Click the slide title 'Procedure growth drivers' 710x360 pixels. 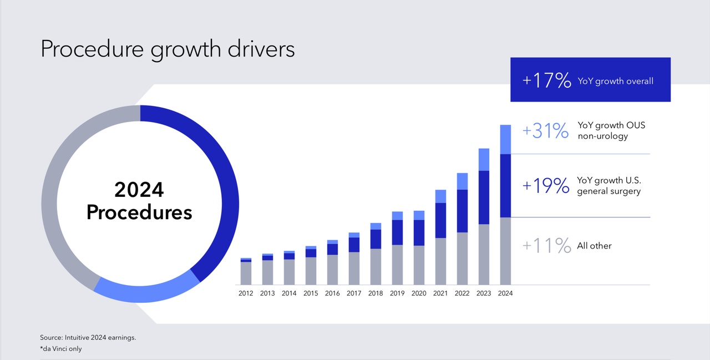pos(168,49)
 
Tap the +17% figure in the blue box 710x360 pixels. pos(546,81)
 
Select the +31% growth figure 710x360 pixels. pos(545,131)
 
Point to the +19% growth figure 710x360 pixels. pos(546,186)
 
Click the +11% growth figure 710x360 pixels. pos(546,245)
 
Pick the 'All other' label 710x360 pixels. pos(594,246)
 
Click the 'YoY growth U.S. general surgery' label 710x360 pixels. pos(608,186)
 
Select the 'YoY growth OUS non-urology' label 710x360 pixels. pos(611,131)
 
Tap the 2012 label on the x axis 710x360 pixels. pos(246,293)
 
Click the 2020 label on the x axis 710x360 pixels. pos(419,293)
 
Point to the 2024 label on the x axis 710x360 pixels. pos(505,293)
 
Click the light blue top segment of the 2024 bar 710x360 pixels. pos(505,139)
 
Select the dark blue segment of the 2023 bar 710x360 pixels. pos(484,197)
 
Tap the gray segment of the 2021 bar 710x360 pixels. pos(440,261)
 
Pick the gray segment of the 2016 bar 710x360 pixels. pos(332,270)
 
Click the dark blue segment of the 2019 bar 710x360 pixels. pos(397,232)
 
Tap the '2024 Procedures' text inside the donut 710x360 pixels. pos(139,201)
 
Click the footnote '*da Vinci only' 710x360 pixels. pos(61,349)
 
